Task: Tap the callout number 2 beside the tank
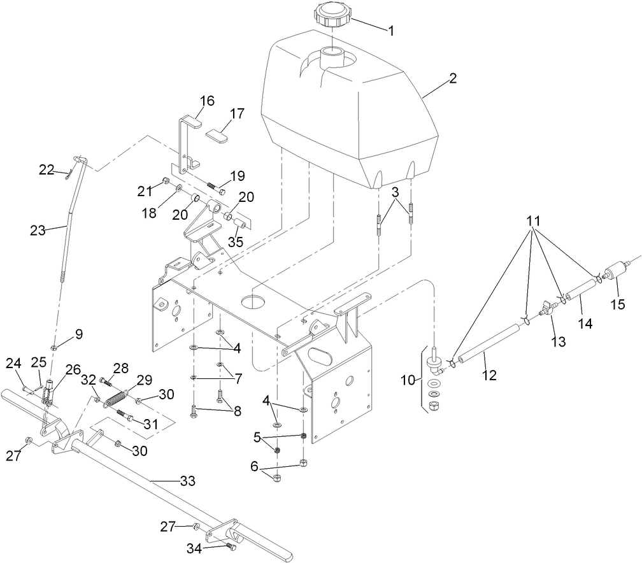pos(453,78)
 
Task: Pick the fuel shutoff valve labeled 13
pos(547,311)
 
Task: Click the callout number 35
pos(236,242)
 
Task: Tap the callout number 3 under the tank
pos(395,192)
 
